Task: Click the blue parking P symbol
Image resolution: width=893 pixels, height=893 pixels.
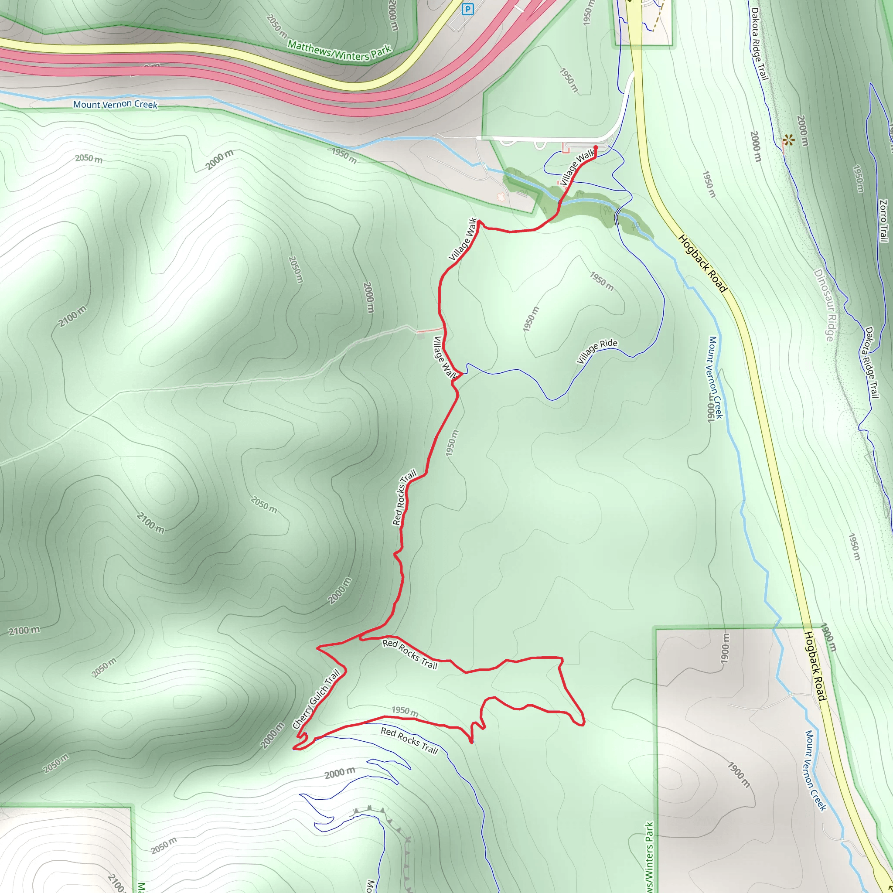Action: click(468, 9)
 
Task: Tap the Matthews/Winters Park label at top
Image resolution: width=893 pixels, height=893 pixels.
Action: click(339, 51)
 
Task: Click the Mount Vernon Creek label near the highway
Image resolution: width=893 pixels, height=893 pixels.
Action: click(115, 105)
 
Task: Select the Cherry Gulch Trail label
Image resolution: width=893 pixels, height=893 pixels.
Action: click(317, 699)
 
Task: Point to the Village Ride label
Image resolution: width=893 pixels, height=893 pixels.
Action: click(597, 351)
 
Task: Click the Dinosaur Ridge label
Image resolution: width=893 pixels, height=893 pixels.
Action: click(824, 305)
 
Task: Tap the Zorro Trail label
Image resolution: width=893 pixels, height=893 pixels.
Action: click(883, 221)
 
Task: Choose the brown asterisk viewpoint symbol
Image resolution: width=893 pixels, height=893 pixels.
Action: click(788, 140)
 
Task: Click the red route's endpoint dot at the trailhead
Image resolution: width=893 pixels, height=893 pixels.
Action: click(595, 147)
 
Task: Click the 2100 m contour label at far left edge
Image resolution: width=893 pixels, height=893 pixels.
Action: click(24, 631)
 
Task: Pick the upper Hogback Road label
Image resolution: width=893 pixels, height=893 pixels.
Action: click(702, 263)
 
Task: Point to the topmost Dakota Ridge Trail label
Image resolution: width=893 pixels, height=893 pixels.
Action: click(760, 44)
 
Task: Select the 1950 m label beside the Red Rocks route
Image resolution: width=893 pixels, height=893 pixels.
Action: click(452, 443)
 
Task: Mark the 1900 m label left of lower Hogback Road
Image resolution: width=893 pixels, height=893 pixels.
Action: click(725, 649)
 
